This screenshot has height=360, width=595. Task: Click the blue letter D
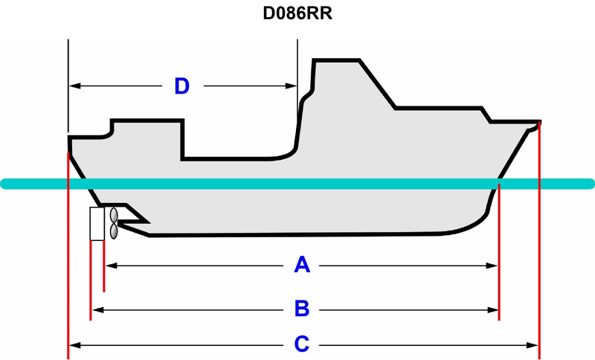coord(181,86)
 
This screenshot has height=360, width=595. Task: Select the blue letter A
coord(301,264)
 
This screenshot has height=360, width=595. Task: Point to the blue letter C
coord(301,344)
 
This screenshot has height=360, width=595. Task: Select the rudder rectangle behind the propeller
coord(97,224)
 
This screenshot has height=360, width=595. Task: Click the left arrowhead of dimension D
coord(73,86)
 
